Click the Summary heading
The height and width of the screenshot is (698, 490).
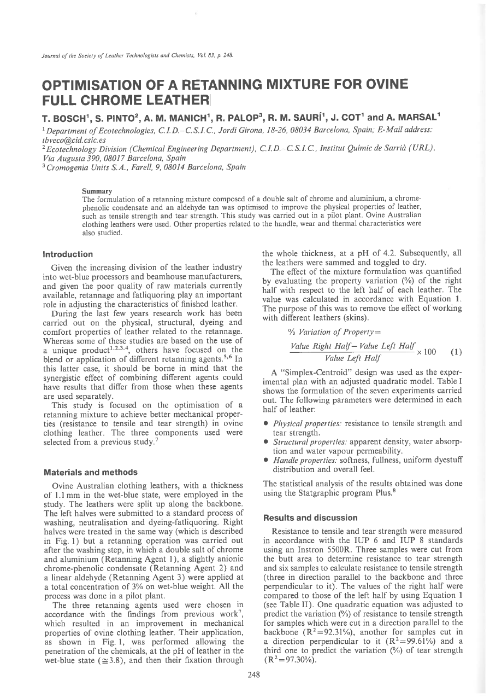[x=97, y=191]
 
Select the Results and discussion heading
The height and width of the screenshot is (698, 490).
[x=310, y=517]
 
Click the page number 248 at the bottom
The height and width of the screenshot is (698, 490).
[x=253, y=674]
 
